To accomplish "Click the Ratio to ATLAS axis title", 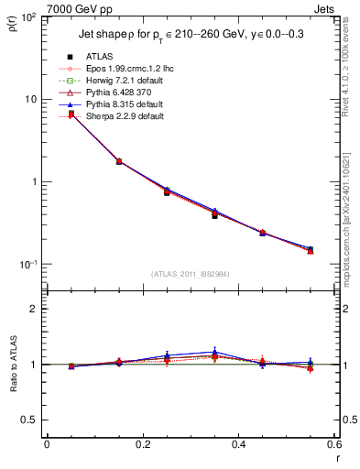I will click(16, 364).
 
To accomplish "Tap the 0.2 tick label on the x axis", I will click(142, 446).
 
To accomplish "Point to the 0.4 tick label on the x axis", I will click(238, 446).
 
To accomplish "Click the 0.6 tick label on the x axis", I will click(333, 446).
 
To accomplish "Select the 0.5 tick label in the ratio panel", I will click(33, 420).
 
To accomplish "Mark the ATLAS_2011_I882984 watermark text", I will click(189, 273).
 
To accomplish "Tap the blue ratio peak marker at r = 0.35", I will click(214, 352).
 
